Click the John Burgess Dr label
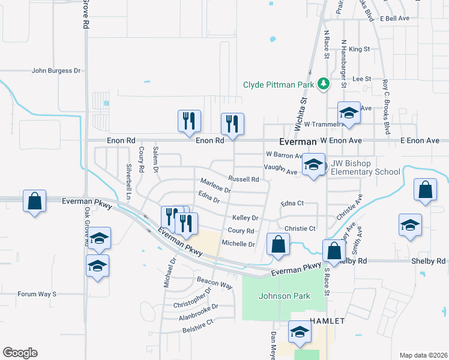[x=56, y=71]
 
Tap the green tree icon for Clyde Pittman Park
[x=324, y=83]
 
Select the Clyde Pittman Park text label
[x=279, y=85]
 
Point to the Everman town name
[x=298, y=141]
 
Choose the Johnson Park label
[x=276, y=296]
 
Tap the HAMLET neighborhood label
[x=327, y=321]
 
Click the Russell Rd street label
[x=243, y=179]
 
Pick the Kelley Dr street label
[x=246, y=218]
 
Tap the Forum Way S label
[x=37, y=294]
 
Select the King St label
[x=359, y=49]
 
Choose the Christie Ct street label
[x=300, y=229]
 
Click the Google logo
[x=20, y=353]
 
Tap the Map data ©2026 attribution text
[x=423, y=355]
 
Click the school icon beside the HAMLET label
[x=300, y=332]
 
